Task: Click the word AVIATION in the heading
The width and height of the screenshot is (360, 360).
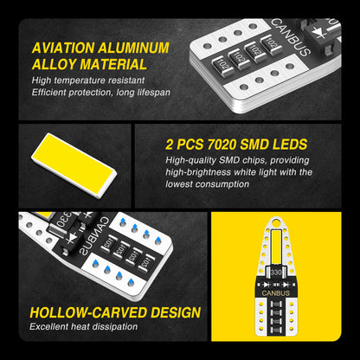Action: click(x=63, y=48)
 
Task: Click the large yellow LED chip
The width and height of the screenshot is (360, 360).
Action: click(x=74, y=164)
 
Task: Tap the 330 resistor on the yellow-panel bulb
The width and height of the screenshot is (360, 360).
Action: click(x=276, y=272)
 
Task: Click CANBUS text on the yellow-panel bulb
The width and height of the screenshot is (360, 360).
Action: click(x=276, y=293)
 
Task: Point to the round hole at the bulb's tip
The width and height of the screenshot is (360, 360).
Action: click(x=276, y=222)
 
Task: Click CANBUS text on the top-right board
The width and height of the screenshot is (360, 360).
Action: click(x=291, y=38)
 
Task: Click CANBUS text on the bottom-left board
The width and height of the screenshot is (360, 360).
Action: click(x=93, y=236)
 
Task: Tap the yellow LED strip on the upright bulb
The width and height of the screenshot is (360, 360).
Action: click(x=276, y=247)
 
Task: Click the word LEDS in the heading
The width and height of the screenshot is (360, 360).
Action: click(x=290, y=145)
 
